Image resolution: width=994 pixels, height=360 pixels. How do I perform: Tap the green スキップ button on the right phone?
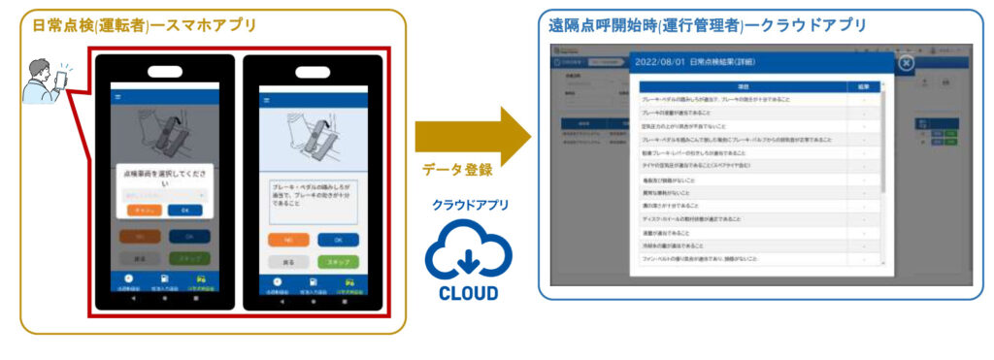338,262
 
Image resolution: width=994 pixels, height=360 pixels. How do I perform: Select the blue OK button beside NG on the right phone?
338,239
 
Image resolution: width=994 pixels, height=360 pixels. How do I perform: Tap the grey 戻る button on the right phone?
284,262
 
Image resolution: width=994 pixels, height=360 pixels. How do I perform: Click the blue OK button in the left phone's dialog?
179,209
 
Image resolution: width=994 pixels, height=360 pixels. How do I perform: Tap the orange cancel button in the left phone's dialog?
143,209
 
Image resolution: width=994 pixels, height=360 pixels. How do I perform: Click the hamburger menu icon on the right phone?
266,100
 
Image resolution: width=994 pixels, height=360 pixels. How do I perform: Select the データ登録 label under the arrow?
457,170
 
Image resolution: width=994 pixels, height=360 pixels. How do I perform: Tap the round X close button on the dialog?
905,63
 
